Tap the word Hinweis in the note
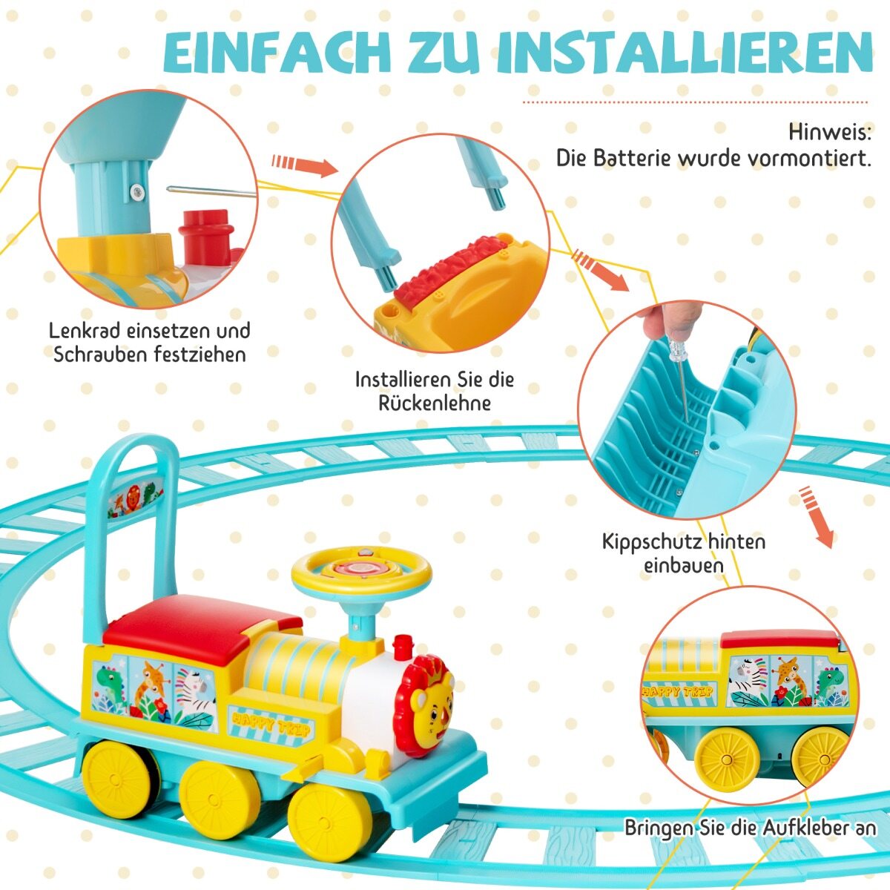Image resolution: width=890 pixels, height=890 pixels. click(829, 133)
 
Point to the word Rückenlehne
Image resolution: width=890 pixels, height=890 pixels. click(435, 403)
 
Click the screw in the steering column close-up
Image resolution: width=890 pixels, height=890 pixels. click(136, 191)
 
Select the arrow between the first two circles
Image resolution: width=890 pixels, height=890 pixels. click(305, 165)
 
